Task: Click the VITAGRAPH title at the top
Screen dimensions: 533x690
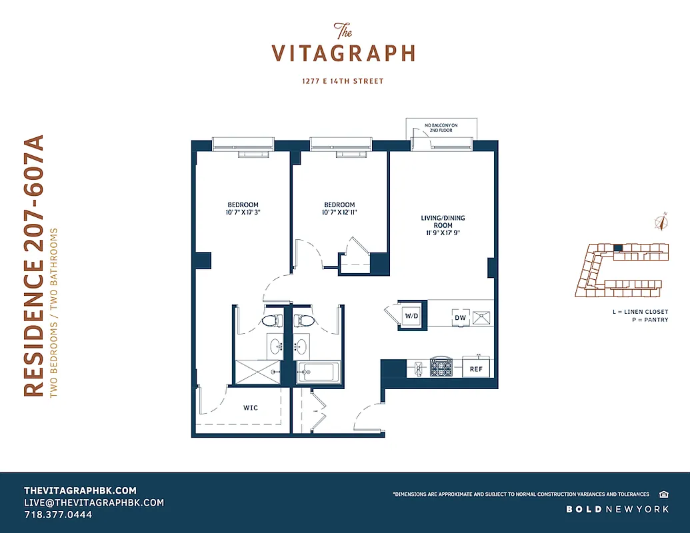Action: tap(343, 53)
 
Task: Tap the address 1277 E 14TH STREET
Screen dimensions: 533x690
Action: tap(343, 81)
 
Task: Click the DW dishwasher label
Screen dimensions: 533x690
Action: tap(460, 318)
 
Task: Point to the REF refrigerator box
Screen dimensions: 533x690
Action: tap(476, 368)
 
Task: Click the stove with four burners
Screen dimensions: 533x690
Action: tap(441, 367)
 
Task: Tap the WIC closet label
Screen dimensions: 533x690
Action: tap(251, 406)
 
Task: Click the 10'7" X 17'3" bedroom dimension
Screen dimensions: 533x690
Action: tap(243, 213)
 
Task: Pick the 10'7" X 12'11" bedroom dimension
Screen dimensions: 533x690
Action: tap(339, 213)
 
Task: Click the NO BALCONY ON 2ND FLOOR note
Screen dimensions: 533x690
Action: tap(442, 127)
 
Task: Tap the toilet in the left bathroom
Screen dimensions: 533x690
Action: tap(269, 320)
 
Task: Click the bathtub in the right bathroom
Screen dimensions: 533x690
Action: tap(319, 371)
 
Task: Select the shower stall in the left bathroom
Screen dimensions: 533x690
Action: tap(257, 372)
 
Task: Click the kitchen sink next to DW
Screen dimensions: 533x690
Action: tap(481, 317)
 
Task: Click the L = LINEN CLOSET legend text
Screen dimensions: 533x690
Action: tap(639, 312)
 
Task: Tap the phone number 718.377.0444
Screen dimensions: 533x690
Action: tap(58, 515)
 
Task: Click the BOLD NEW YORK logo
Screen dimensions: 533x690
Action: tap(617, 509)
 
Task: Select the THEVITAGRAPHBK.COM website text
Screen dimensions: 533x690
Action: tap(80, 490)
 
